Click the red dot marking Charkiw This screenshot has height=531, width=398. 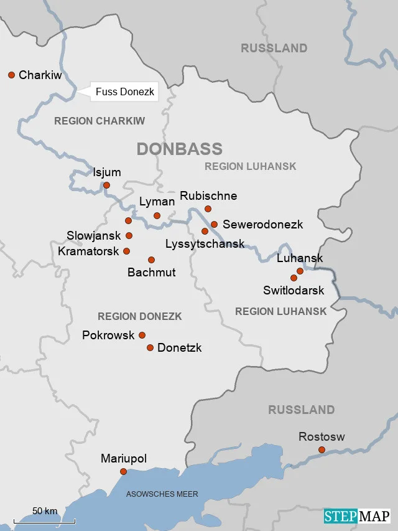(x=11, y=75)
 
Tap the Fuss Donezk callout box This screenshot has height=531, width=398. (x=124, y=93)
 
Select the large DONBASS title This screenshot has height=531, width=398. (x=179, y=149)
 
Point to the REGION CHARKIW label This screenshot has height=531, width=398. (x=99, y=121)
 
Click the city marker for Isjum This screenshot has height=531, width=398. (x=106, y=185)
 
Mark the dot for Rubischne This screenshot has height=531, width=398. (x=208, y=209)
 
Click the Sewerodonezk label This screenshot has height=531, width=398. (x=262, y=224)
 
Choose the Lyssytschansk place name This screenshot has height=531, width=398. (x=205, y=244)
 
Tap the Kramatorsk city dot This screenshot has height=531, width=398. (x=127, y=251)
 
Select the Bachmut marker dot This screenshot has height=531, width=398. (x=151, y=260)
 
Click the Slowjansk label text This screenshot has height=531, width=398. (x=94, y=236)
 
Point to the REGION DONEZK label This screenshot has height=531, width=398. (x=139, y=316)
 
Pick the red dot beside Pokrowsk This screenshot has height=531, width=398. (x=142, y=335)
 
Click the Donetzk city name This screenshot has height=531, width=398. (x=180, y=348)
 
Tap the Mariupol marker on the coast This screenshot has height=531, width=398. (x=123, y=471)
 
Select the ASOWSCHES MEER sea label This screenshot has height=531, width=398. (x=162, y=494)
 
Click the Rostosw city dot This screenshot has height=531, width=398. (x=322, y=449)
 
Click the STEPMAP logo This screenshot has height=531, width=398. (x=357, y=516)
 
